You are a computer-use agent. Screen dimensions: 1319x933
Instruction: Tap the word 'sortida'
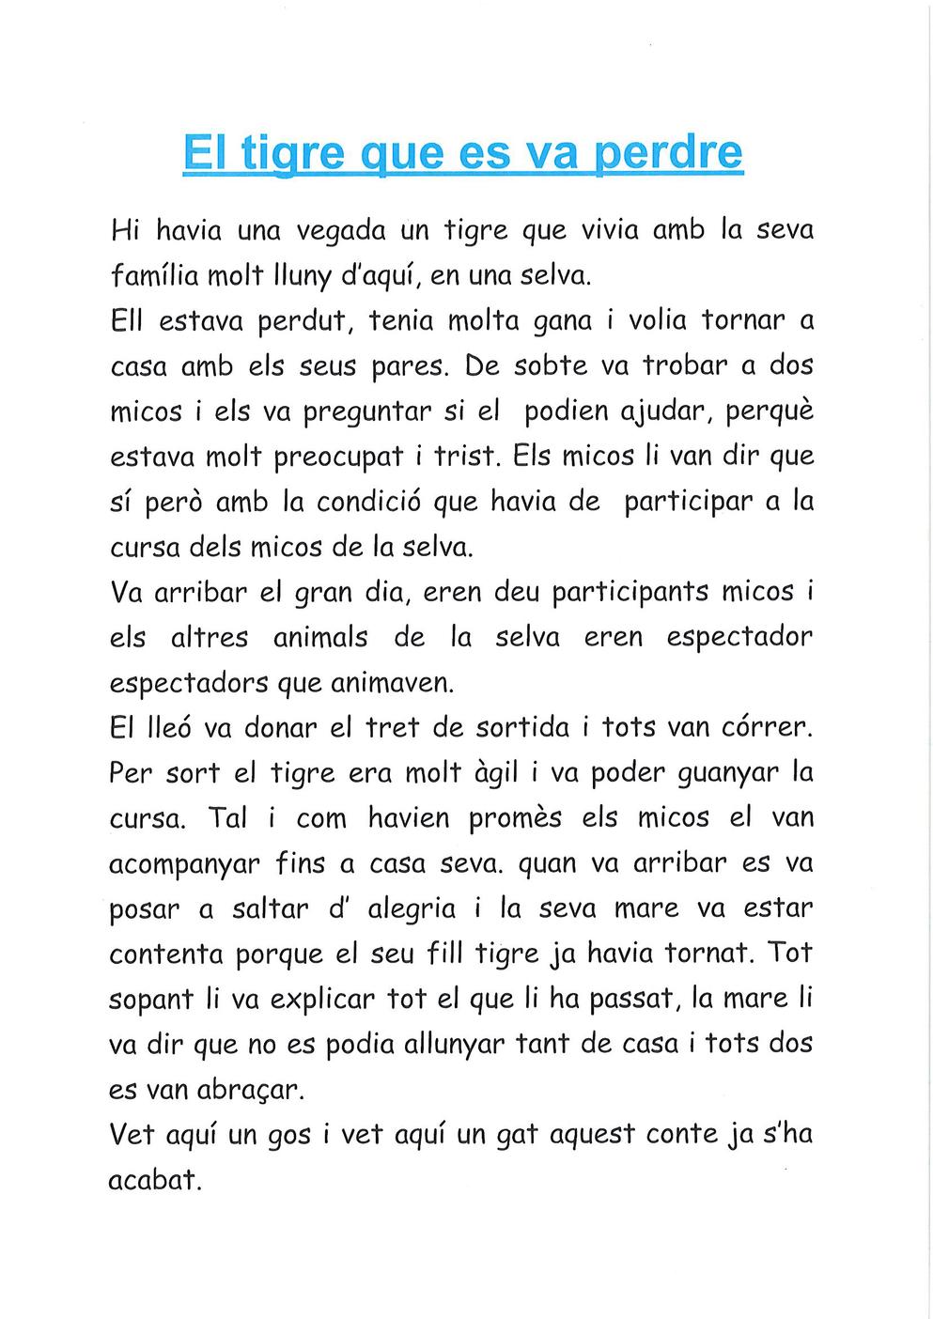pyautogui.click(x=522, y=728)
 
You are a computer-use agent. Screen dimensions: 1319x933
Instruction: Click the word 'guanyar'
pyautogui.click(x=728, y=773)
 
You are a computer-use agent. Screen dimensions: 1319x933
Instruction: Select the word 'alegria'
pyautogui.click(x=412, y=909)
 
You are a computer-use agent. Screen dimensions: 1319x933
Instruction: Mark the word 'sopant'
pyautogui.click(x=151, y=1000)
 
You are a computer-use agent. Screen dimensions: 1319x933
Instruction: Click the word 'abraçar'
pyautogui.click(x=250, y=1090)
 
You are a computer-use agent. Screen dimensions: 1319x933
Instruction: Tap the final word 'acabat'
pyautogui.click(x=155, y=1180)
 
